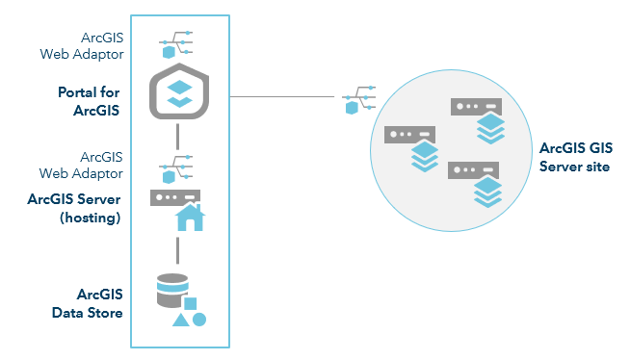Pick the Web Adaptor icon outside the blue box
click(360, 100)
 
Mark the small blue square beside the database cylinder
click(190, 303)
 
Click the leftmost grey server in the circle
click(407, 135)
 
